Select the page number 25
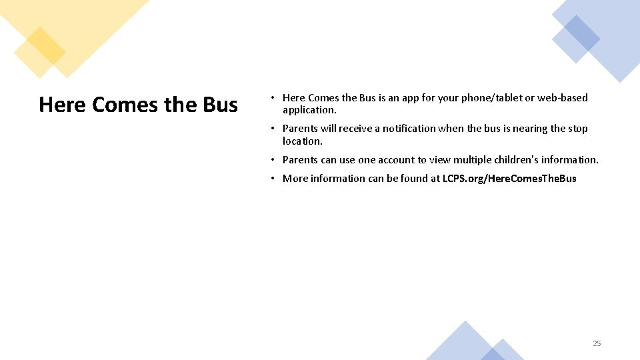coord(597,343)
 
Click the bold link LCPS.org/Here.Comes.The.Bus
coord(509,179)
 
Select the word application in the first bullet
coord(309,110)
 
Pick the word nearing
coord(530,129)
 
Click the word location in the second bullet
coord(302,141)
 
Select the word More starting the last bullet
coord(296,179)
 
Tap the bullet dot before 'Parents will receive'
coord(273,129)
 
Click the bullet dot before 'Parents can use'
coord(273,160)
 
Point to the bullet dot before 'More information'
coord(273,179)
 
